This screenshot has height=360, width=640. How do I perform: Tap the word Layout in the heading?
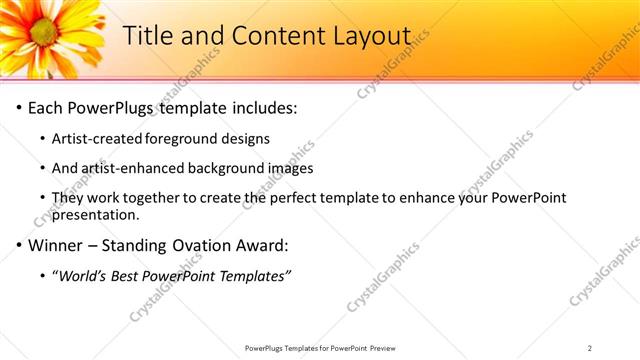[x=370, y=35]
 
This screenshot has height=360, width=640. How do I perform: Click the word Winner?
[x=58, y=245]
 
